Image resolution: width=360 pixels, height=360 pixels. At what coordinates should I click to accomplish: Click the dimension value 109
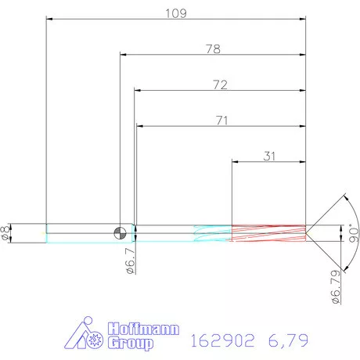tap(175, 13)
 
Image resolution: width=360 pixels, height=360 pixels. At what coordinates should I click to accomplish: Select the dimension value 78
tap(212, 49)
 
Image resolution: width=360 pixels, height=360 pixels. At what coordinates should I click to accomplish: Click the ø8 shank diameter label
tap(7, 232)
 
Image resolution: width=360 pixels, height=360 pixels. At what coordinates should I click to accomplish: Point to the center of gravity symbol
tap(120, 232)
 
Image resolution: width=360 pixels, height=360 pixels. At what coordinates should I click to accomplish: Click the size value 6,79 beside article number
tap(288, 340)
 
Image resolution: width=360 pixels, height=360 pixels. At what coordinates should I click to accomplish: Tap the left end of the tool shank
tap(47, 232)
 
